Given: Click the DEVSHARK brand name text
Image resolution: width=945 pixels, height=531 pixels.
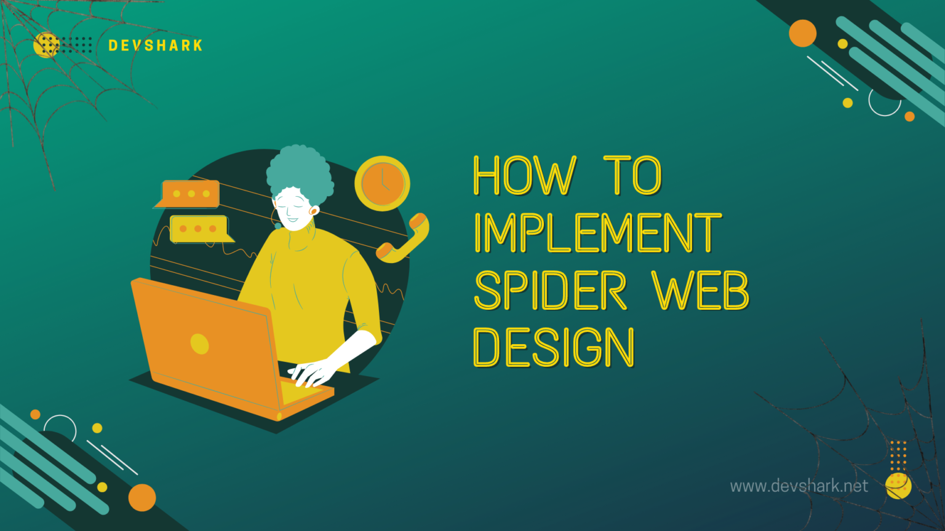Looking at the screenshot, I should click(x=155, y=45).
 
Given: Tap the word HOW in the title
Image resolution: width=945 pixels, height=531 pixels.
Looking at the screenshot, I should click(x=525, y=176).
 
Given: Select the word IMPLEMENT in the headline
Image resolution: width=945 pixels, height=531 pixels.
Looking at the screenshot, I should click(x=597, y=233).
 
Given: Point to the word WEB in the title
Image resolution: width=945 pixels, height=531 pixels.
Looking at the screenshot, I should click(x=700, y=291).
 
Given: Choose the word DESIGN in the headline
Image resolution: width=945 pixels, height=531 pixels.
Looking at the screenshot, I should click(x=553, y=347).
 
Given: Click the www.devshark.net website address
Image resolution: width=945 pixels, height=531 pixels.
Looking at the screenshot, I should click(x=799, y=486).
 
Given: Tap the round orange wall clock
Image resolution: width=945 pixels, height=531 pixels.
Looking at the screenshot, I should click(x=382, y=184).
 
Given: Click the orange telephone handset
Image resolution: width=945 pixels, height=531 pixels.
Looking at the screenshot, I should click(x=403, y=238).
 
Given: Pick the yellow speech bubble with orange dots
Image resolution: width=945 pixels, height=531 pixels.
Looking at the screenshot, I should click(x=199, y=229).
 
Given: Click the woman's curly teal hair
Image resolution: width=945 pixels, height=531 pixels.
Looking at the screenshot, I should click(x=299, y=170).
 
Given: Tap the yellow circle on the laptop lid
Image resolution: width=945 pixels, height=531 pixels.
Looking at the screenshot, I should click(x=199, y=344).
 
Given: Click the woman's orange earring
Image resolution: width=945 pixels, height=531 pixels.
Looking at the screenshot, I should click(x=314, y=211).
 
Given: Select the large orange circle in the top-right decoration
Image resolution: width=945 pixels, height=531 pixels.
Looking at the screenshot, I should click(x=802, y=33).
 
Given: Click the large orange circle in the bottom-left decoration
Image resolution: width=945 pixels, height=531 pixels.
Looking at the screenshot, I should click(x=142, y=497).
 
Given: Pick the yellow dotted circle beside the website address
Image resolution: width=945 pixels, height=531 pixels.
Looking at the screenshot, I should click(x=898, y=486).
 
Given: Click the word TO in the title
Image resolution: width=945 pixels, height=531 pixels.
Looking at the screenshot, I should click(x=632, y=176).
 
